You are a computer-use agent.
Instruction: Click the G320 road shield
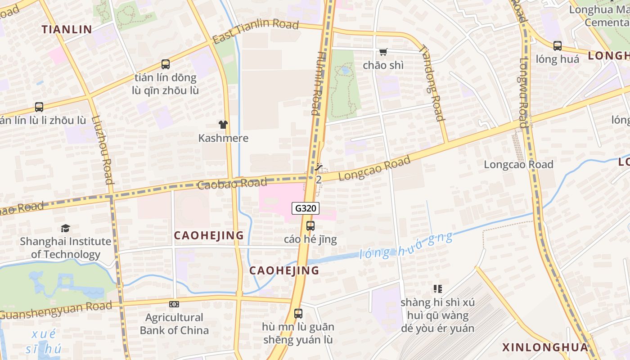click(x=306, y=208)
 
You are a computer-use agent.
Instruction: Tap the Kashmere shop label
click(x=223, y=138)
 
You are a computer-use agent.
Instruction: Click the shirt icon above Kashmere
click(x=223, y=125)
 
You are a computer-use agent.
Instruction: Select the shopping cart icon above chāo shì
click(x=383, y=52)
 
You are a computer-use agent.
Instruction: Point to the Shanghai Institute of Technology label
click(x=66, y=247)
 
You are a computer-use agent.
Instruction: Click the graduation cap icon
click(x=66, y=229)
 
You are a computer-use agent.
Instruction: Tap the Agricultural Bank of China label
click(x=174, y=324)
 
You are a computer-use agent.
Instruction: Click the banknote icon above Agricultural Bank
click(x=174, y=304)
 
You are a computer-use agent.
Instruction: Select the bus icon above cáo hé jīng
click(x=310, y=226)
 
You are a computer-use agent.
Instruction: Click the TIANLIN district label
click(x=67, y=30)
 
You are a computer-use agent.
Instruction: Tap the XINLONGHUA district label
click(x=545, y=347)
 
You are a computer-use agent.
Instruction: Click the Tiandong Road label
click(x=432, y=83)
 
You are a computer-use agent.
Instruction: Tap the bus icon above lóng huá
click(x=558, y=45)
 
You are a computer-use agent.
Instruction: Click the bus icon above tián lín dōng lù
click(x=166, y=64)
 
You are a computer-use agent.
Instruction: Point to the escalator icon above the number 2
click(x=319, y=167)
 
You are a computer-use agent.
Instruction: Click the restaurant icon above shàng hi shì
click(x=437, y=288)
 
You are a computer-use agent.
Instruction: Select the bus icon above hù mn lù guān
click(x=298, y=314)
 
